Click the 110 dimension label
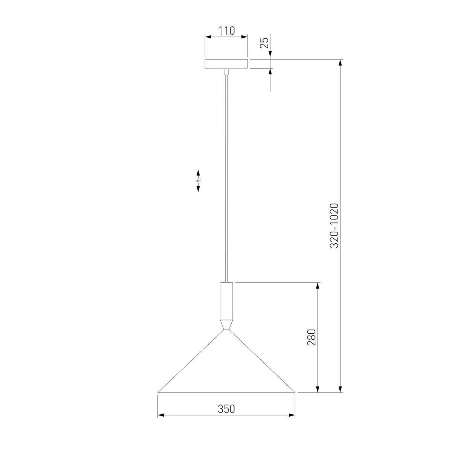point(226,31)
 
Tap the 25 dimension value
point(264,43)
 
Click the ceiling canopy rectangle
point(226,64)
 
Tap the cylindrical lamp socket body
point(226,301)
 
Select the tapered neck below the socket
point(226,325)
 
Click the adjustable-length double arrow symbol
point(198,181)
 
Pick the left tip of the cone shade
point(158,392)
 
